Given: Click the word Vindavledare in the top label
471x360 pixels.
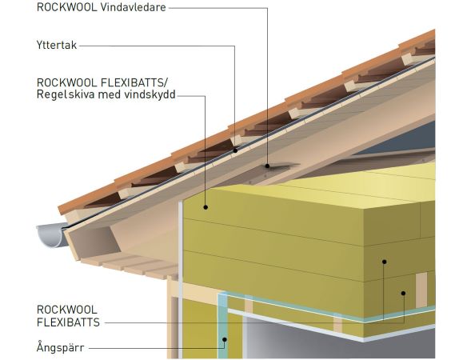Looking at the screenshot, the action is click(x=133, y=7).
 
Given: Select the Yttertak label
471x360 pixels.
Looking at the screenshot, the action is click(x=57, y=45).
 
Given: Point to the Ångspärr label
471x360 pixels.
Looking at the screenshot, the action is click(x=60, y=347).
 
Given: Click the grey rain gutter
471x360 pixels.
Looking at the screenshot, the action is click(x=52, y=234).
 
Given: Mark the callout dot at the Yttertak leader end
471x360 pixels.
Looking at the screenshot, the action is click(x=235, y=150).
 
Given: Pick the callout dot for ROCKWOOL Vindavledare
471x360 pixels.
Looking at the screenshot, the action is click(x=267, y=166).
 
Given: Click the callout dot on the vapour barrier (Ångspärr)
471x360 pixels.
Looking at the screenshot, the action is click(x=225, y=339).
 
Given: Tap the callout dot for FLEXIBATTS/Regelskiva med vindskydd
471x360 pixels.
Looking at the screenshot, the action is click(x=206, y=207).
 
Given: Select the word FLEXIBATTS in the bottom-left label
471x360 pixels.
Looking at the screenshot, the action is click(x=68, y=322).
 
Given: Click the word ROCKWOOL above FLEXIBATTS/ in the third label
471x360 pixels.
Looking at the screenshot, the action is click(x=66, y=82).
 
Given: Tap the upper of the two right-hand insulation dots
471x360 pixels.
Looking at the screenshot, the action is click(x=384, y=262).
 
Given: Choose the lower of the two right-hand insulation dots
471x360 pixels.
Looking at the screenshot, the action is click(x=403, y=293).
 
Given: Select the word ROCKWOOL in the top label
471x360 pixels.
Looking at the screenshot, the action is click(x=66, y=7).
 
